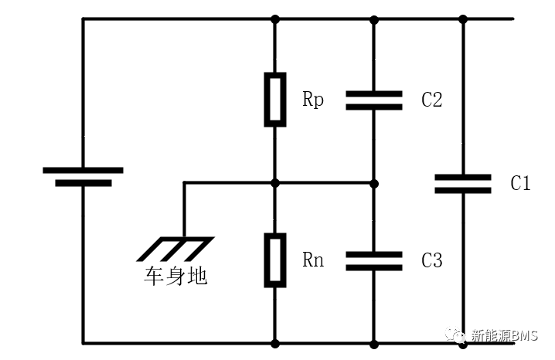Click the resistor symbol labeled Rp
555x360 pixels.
coord(275,99)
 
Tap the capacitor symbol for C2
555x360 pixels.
coord(374,99)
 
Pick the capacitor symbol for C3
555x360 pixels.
coord(374,260)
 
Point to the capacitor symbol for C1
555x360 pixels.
coord(463,183)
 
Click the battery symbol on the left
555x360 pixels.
coord(83,177)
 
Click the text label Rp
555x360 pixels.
coord(313,99)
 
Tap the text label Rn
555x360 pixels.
coord(313,260)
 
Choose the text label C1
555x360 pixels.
coord(520,183)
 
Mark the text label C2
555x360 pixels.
coord(431,99)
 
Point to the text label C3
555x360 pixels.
coord(431,260)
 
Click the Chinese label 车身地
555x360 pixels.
coord(175,277)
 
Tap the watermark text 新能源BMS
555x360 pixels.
coord(503,336)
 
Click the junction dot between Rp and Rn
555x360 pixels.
coord(275,183)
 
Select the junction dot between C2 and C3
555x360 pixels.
coord(374,183)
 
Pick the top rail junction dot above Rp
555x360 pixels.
coord(275,19)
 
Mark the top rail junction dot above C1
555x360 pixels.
coord(463,19)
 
